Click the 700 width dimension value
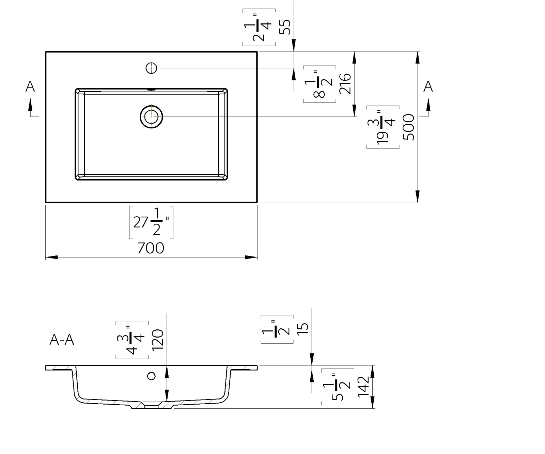coord(151,248)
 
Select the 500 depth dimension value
coord(409,127)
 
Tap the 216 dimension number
coord(345,83)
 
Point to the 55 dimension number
coord(285,27)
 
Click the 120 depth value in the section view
coord(158,340)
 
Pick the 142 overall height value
coord(363,386)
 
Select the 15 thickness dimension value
coord(303,328)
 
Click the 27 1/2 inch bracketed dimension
coord(151,222)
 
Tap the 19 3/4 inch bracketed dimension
coord(383,127)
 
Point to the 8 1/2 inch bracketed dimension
coord(319,84)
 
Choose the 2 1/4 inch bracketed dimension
coord(259,27)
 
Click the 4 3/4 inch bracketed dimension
coord(132,340)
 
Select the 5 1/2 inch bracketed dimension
coord(338,387)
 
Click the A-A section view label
coord(62,340)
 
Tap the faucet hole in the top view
coord(151,68)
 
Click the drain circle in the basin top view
coord(152,116)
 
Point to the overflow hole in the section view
coord(151,376)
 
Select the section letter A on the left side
coord(30,87)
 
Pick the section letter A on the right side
coord(428,87)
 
